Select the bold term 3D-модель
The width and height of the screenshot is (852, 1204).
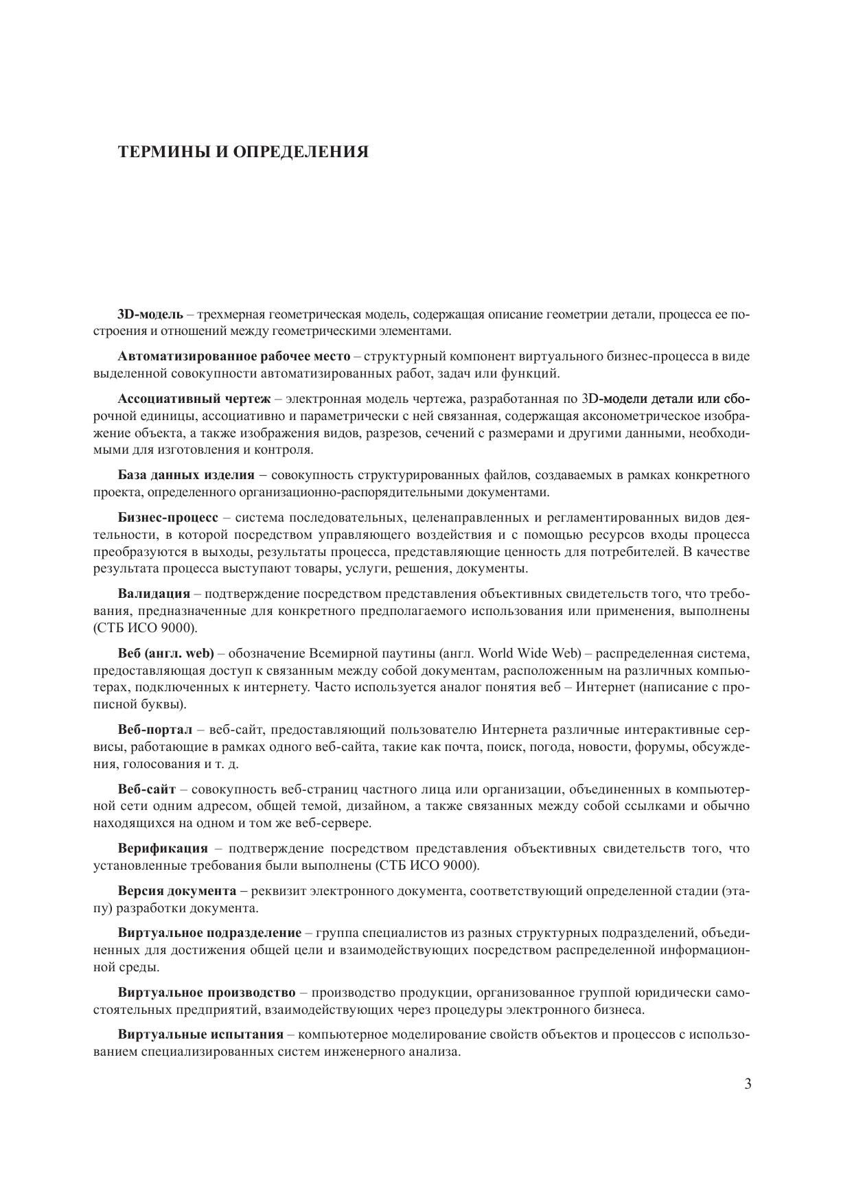tap(150, 314)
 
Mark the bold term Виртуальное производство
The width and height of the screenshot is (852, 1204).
tap(207, 993)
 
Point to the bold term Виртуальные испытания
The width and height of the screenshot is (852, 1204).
tap(200, 1035)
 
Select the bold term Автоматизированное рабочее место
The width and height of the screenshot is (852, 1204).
tap(234, 356)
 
